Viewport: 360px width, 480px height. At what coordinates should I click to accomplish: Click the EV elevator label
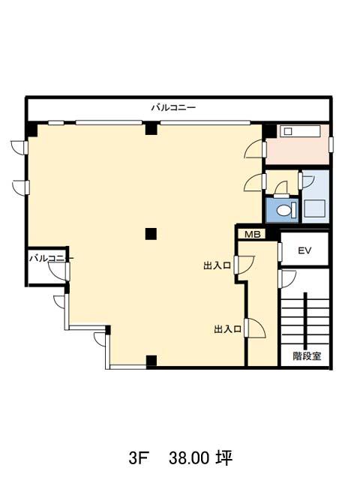304,250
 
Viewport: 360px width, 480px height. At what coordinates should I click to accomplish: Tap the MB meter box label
253,235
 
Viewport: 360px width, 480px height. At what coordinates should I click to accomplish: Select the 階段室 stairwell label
307,356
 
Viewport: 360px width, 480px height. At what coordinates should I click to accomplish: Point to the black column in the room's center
151,234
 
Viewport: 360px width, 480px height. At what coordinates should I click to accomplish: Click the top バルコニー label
173,108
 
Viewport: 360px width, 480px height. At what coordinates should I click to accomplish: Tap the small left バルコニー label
51,258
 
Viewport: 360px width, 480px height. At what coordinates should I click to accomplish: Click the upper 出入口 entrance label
217,265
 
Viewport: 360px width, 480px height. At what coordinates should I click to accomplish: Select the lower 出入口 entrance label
227,329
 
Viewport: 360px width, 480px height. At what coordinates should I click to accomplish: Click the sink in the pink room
288,132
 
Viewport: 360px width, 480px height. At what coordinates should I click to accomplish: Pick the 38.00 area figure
188,458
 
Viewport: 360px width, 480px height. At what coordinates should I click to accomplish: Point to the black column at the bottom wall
151,361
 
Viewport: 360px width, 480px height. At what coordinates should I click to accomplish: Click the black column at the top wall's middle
151,128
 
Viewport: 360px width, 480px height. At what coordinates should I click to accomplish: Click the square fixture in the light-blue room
313,208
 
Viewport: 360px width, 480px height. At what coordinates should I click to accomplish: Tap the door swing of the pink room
253,149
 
